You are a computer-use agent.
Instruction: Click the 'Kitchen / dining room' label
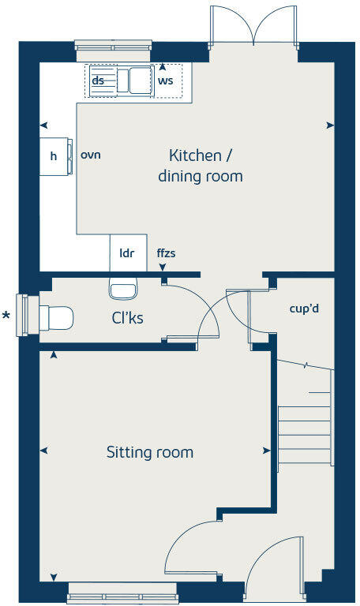tap(200, 165)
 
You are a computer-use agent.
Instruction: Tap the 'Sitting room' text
tap(150, 452)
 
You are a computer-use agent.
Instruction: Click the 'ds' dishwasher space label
tap(99, 80)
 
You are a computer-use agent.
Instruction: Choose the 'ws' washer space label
tap(165, 80)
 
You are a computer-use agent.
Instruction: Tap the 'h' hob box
tap(54, 156)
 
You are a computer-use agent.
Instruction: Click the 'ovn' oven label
tap(91, 155)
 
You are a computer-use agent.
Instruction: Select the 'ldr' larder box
tap(126, 253)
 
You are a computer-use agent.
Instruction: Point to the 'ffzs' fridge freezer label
tap(166, 253)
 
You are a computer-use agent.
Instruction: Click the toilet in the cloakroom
tap(55, 318)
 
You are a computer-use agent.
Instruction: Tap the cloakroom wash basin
tap(122, 289)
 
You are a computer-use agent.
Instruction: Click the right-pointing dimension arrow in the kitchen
tap(329, 125)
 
